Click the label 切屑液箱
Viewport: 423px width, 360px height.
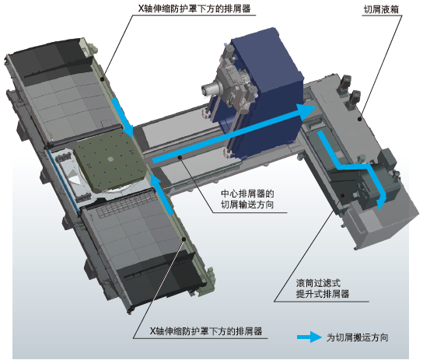click(x=381, y=9)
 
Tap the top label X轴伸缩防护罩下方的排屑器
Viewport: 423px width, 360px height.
click(x=194, y=9)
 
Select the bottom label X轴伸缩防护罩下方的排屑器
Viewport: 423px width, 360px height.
click(x=206, y=331)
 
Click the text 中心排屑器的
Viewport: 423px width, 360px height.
click(x=247, y=194)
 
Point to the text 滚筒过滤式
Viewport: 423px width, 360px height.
click(x=318, y=283)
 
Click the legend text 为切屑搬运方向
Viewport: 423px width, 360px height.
click(x=357, y=337)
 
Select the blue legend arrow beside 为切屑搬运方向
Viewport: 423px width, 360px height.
click(x=309, y=337)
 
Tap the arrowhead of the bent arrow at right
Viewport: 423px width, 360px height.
click(x=381, y=203)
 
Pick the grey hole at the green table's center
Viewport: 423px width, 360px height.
click(x=110, y=159)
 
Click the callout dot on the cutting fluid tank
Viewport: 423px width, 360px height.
click(x=359, y=119)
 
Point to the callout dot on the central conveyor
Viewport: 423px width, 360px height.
click(x=179, y=158)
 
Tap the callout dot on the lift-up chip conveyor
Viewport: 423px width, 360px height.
click(x=343, y=195)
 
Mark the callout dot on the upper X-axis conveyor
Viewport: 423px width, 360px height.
click(x=102, y=79)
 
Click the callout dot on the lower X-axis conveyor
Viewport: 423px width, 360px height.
click(x=184, y=239)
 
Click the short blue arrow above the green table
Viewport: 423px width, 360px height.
click(x=123, y=117)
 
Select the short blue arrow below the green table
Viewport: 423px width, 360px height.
click(x=161, y=194)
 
